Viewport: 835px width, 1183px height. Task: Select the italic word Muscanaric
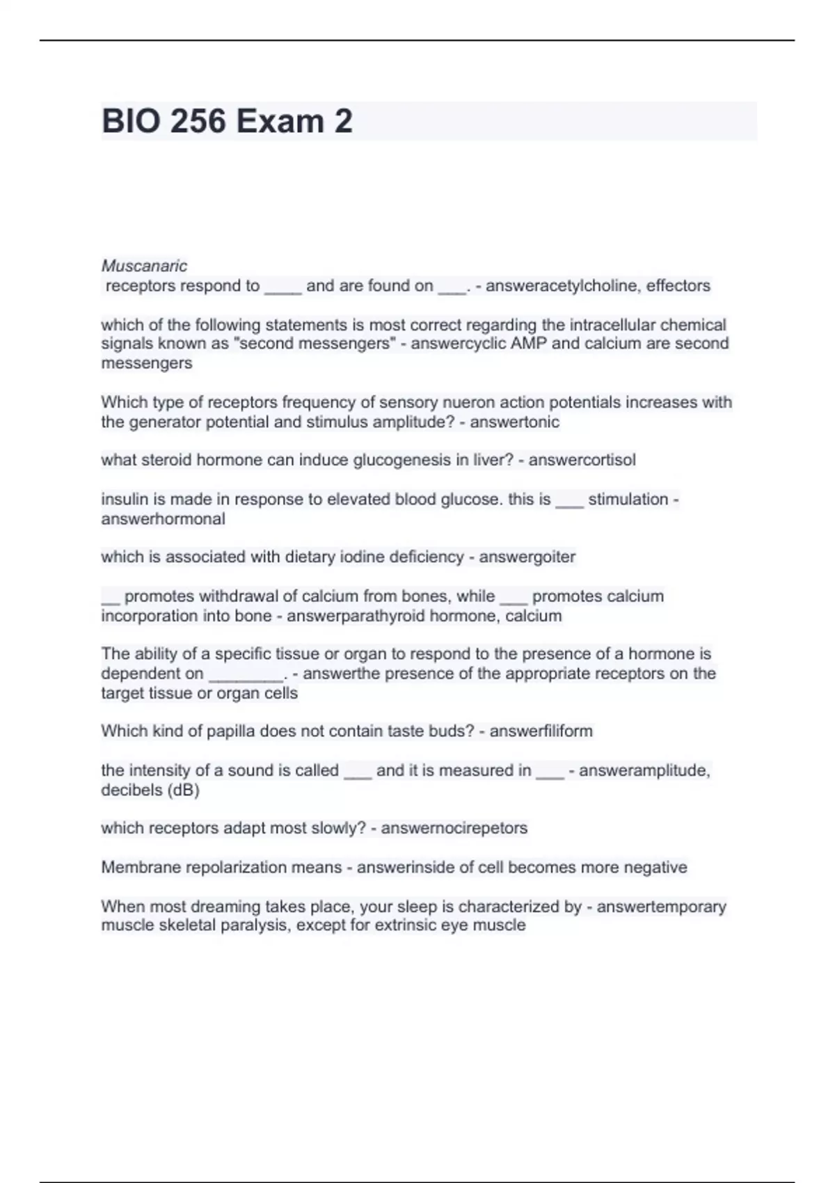[144, 266]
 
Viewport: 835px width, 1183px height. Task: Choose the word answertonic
[514, 422]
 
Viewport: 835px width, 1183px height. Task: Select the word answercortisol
[582, 460]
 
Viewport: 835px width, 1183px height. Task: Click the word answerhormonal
[163, 519]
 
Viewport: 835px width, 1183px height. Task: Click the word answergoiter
[527, 557]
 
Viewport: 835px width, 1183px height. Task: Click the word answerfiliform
[541, 731]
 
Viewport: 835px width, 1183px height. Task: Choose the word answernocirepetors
[454, 828]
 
